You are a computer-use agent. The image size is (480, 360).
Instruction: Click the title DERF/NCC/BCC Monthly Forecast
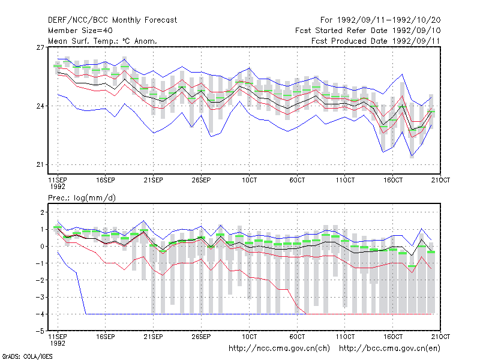(112, 20)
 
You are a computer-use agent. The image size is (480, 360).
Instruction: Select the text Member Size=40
(80, 31)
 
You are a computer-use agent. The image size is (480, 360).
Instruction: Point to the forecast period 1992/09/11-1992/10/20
(389, 20)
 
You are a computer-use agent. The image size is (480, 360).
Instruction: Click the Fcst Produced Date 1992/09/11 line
(376, 41)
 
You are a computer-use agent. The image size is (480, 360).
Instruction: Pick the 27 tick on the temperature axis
(40, 47)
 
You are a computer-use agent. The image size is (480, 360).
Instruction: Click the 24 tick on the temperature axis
(40, 106)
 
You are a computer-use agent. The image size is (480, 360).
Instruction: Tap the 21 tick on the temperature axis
(40, 164)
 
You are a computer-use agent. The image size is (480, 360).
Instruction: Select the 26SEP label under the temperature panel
(201, 180)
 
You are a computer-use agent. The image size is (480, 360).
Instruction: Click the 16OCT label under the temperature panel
(393, 180)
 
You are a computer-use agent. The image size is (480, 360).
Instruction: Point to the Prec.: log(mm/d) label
(82, 198)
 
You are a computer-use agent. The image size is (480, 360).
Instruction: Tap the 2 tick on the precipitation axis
(43, 212)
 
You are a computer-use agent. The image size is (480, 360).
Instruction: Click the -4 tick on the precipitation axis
(40, 314)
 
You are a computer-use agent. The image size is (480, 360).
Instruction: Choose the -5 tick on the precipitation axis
(40, 331)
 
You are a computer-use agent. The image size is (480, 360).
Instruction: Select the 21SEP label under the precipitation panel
(154, 337)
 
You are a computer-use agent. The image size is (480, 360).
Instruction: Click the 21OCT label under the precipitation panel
(440, 337)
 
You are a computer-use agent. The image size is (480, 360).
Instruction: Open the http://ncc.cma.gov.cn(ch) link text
(279, 349)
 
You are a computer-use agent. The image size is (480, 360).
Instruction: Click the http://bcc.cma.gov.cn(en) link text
(389, 349)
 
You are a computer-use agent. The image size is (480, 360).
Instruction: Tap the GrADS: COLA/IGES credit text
(27, 356)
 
